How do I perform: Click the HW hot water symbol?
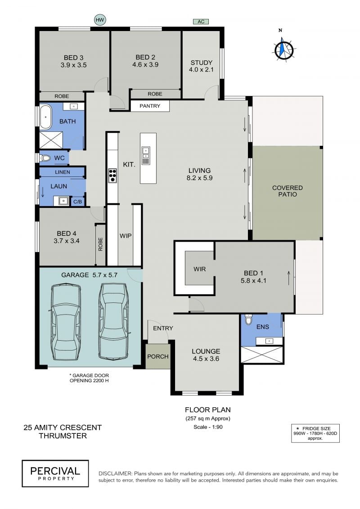100,20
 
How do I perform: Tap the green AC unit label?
201,22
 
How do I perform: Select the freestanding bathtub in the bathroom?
45,117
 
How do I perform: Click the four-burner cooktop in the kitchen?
112,176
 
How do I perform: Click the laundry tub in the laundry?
63,201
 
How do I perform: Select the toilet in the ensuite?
249,320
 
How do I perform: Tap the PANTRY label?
150,106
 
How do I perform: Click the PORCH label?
158,356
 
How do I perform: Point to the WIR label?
199,269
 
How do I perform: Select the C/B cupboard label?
77,202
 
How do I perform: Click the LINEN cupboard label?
63,172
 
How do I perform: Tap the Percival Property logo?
55,473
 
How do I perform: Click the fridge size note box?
315,433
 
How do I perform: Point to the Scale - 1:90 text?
208,427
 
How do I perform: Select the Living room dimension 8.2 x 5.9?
199,178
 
